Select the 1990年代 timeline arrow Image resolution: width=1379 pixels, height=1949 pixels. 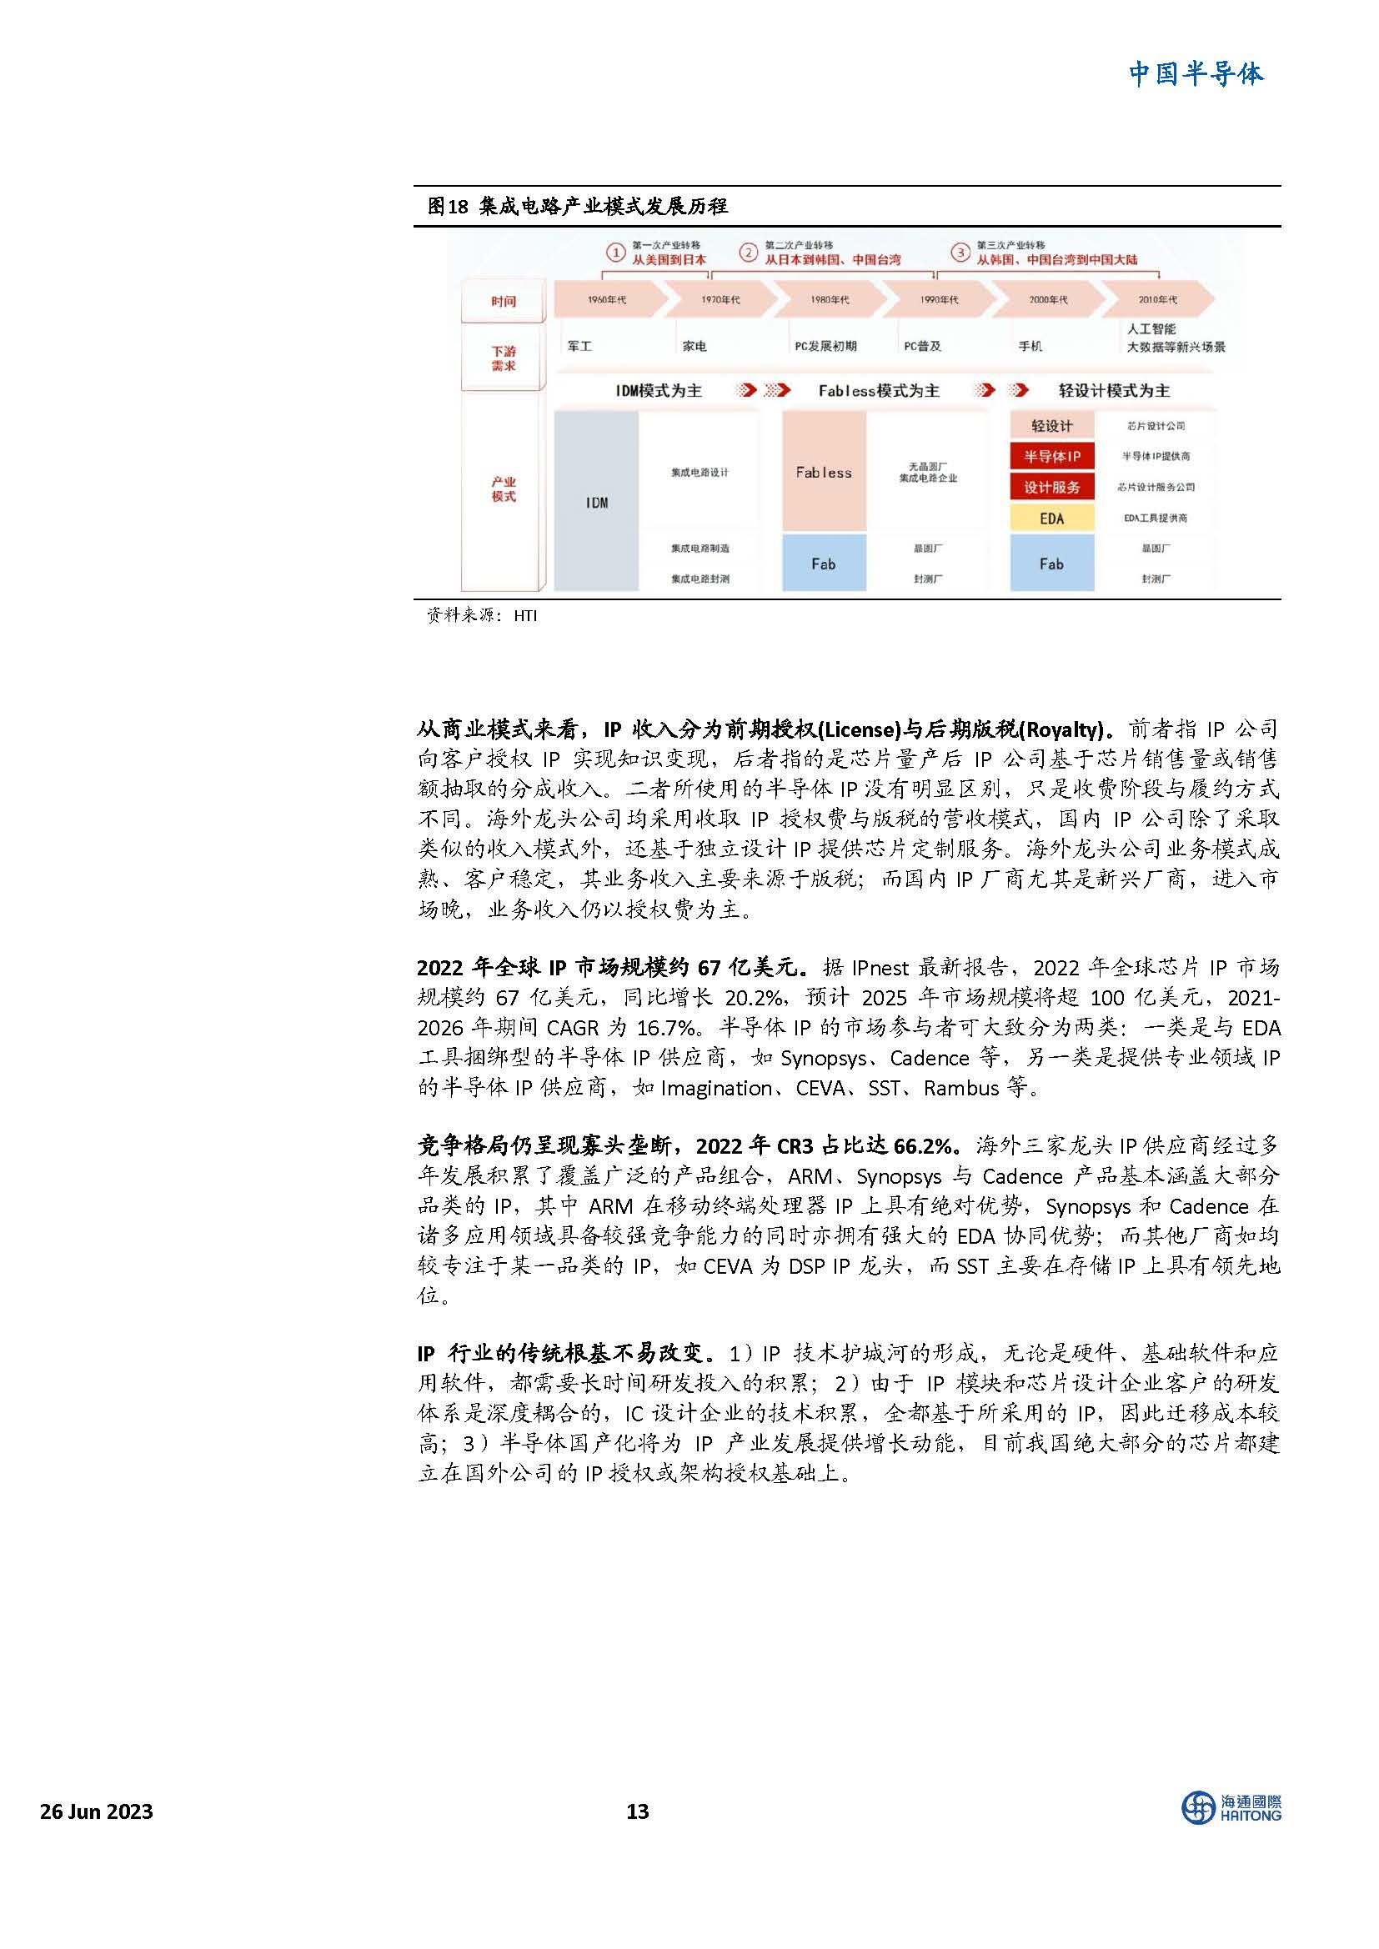[x=938, y=299]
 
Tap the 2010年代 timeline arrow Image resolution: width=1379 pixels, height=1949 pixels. [x=1156, y=299]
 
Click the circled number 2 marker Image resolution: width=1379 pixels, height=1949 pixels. [x=748, y=253]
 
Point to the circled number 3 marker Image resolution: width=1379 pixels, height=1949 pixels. [x=960, y=253]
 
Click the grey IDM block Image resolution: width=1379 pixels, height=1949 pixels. [x=596, y=502]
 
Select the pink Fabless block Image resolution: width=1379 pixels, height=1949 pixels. [x=823, y=472]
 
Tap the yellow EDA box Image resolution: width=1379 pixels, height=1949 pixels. [x=1051, y=518]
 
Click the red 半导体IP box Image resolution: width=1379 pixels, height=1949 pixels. [x=1051, y=457]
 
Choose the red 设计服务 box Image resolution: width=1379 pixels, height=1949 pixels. [x=1051, y=487]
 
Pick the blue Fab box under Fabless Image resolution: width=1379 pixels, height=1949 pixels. [x=823, y=563]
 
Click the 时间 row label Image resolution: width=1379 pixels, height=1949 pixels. [x=503, y=301]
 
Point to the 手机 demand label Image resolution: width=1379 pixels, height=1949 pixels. [x=1030, y=346]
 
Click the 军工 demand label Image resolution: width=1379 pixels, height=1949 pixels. [x=579, y=346]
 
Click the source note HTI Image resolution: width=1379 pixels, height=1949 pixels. [x=524, y=615]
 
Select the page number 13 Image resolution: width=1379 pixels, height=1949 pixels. [x=637, y=1811]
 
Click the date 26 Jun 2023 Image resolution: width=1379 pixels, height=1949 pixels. [x=97, y=1811]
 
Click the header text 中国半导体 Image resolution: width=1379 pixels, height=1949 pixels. [x=1196, y=74]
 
